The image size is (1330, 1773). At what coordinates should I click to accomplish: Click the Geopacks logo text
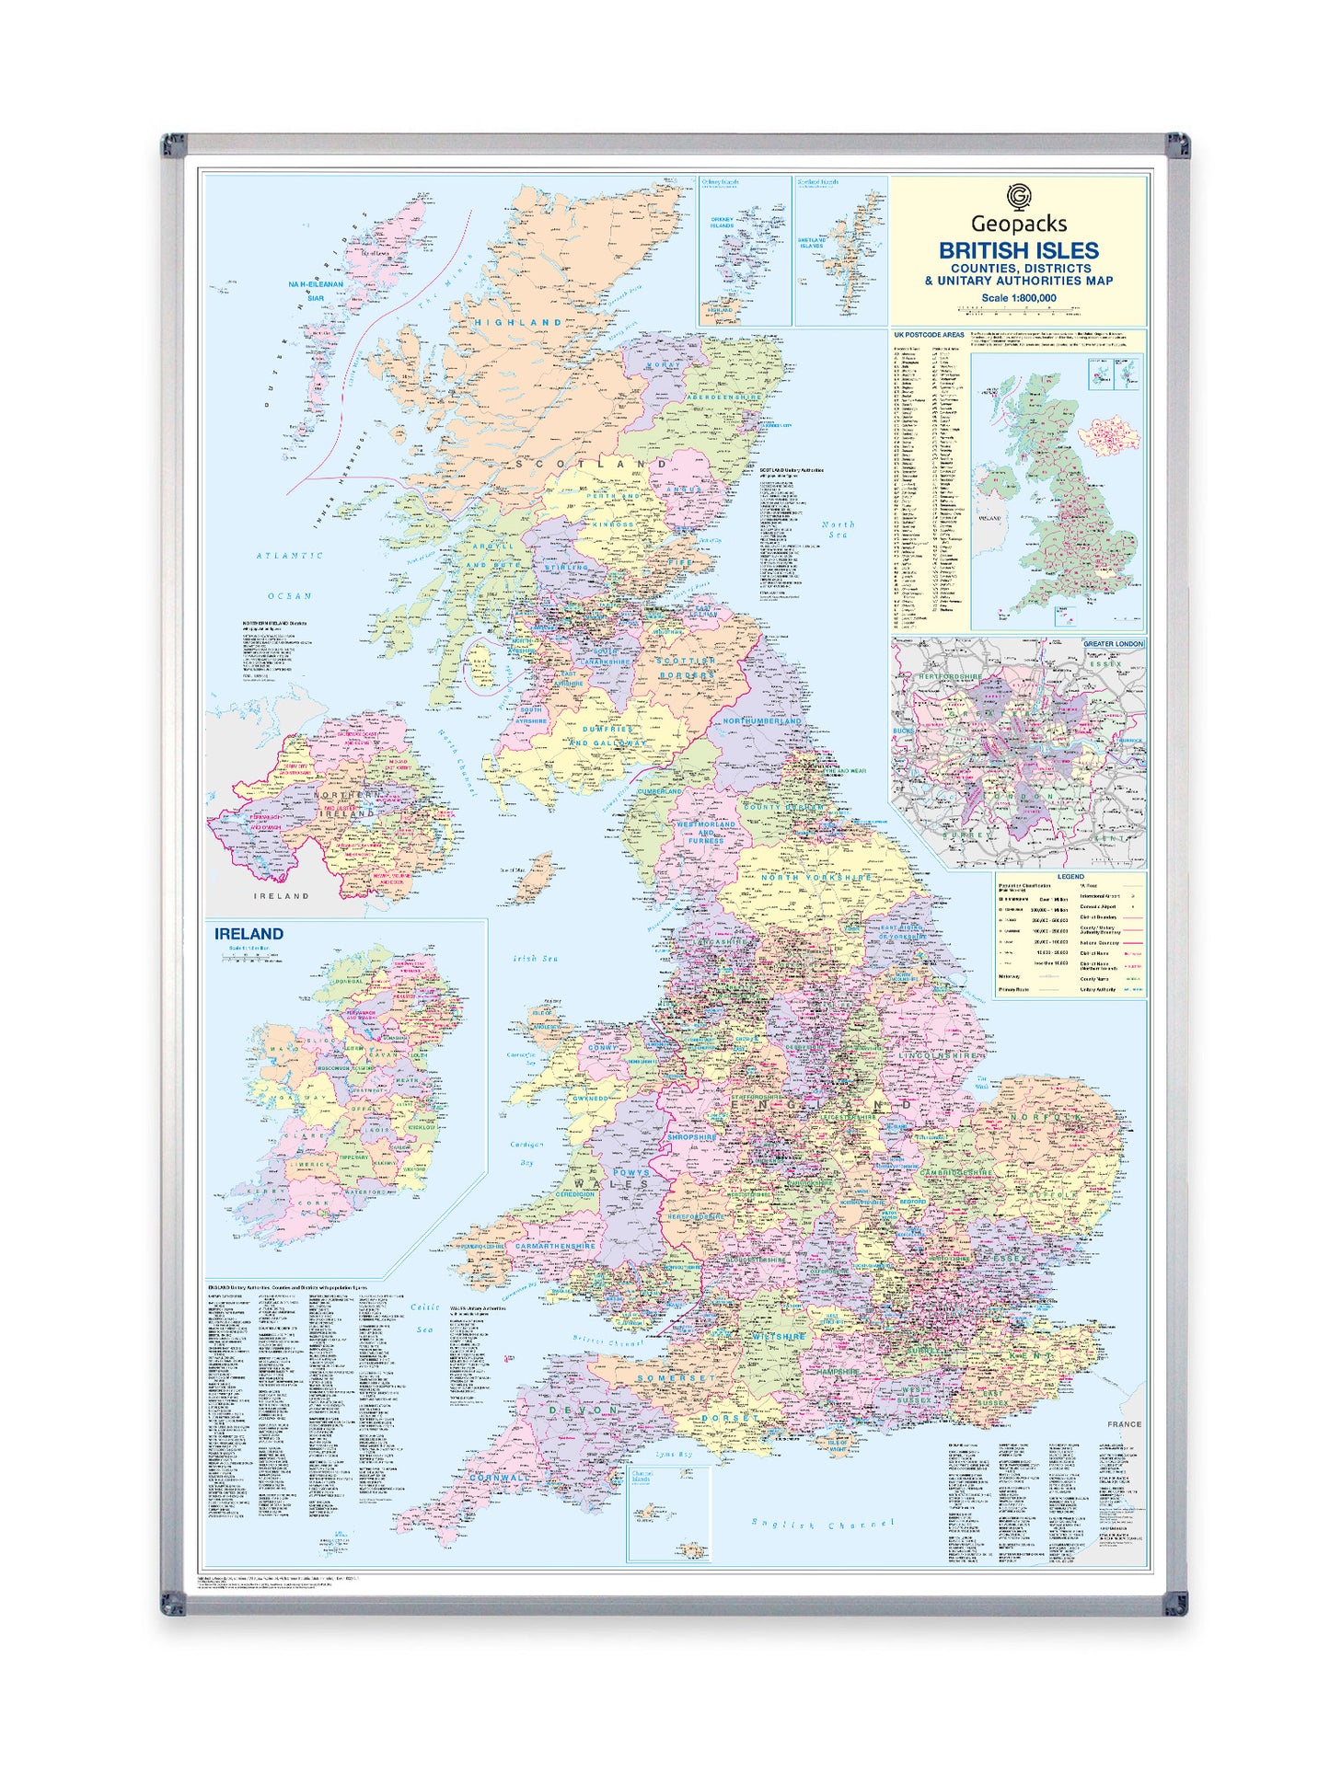[1019, 223]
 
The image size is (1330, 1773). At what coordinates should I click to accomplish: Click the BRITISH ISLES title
[1018, 250]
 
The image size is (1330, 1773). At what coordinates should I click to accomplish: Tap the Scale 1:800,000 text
[1018, 297]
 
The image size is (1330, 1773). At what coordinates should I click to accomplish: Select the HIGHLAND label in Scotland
[518, 323]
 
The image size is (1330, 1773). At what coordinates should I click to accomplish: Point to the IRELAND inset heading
[249, 933]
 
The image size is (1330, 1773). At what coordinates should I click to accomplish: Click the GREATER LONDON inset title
[1113, 644]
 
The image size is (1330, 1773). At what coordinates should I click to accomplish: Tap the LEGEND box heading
[1070, 877]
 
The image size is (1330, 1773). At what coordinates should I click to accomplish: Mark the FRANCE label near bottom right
[1124, 1423]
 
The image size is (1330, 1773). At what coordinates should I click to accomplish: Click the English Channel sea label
[822, 1525]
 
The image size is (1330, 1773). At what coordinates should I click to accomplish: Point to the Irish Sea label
[536, 959]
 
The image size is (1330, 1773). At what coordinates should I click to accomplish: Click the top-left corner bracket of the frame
[173, 145]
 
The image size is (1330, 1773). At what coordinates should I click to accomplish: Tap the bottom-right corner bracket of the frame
[1174, 1602]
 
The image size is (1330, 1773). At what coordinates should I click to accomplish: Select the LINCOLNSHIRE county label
[939, 1055]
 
